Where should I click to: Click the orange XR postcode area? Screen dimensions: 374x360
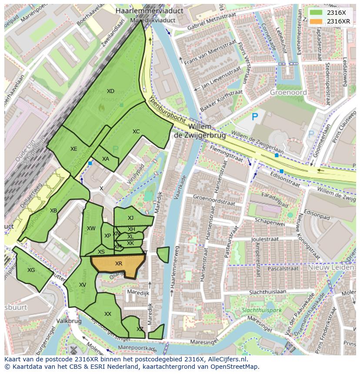(x=118, y=264)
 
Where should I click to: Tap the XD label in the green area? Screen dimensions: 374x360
(x=110, y=91)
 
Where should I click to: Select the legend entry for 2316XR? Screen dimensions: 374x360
(x=338, y=21)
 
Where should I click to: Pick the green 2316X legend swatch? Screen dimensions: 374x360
(x=317, y=13)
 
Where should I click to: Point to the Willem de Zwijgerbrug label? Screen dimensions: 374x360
(x=200, y=131)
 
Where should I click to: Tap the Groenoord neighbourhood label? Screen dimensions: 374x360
(x=288, y=93)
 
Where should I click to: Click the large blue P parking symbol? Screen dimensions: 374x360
(x=255, y=117)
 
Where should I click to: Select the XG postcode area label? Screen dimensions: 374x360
(x=31, y=270)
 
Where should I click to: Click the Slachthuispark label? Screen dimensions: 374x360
(x=261, y=311)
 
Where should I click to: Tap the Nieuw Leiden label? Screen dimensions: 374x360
(x=331, y=268)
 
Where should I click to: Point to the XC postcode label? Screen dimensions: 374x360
(x=136, y=132)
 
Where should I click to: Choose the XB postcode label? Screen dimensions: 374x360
(x=53, y=211)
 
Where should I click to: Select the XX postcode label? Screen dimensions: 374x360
(x=108, y=314)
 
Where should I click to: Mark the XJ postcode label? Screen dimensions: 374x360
(x=130, y=218)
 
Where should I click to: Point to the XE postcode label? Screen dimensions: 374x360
(x=74, y=149)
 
